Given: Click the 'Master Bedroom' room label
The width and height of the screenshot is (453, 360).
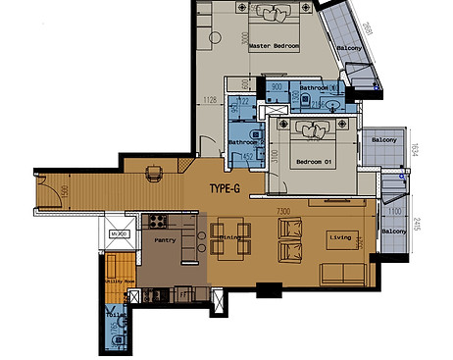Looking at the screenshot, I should click(x=274, y=46).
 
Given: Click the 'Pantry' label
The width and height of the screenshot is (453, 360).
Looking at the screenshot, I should click(x=165, y=237).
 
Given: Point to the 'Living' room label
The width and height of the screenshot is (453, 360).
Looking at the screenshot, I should click(x=339, y=236).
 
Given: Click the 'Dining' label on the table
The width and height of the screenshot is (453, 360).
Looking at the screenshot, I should click(x=229, y=237).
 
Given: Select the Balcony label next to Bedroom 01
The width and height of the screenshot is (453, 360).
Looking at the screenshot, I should click(x=383, y=140).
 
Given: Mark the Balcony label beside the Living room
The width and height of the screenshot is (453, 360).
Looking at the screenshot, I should click(x=394, y=231).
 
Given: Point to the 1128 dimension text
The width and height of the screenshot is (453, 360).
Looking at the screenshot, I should click(x=209, y=99).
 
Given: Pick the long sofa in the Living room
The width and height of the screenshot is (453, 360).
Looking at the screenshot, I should click(x=342, y=273).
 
